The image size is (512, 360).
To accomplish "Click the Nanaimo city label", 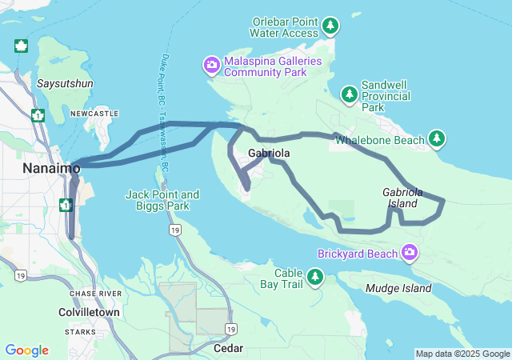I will click(51, 169).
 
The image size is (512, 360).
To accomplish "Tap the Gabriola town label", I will click(269, 153).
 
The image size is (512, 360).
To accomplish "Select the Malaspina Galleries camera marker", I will click(211, 65).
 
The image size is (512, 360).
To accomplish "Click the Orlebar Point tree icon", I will click(330, 27).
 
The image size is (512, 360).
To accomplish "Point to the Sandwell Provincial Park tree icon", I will click(350, 95).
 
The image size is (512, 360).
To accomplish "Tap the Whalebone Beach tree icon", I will click(437, 140).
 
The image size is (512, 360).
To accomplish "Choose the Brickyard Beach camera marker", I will click(410, 254).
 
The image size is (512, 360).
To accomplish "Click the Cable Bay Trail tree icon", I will click(316, 277).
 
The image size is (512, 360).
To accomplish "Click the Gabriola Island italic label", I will click(400, 198).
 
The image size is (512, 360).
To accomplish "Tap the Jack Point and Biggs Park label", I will click(162, 200).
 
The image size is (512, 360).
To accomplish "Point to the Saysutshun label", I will click(66, 83).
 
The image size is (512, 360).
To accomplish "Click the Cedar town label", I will click(228, 349).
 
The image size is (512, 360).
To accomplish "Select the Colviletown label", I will click(90, 312).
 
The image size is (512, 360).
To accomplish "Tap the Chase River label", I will click(95, 294).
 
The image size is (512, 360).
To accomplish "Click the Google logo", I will click(26, 350).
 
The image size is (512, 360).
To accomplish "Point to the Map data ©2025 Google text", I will click(462, 354).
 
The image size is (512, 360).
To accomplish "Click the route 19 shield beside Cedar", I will click(230, 329).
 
